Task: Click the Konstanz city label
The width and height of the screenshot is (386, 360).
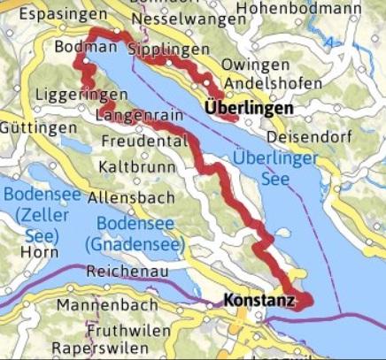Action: click(x=259, y=301)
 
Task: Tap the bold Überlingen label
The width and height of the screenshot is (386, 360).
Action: click(x=249, y=107)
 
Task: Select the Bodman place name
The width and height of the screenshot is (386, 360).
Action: click(x=85, y=47)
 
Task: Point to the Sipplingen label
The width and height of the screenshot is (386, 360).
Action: click(x=168, y=49)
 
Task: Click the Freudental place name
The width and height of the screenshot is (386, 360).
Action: click(x=143, y=142)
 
